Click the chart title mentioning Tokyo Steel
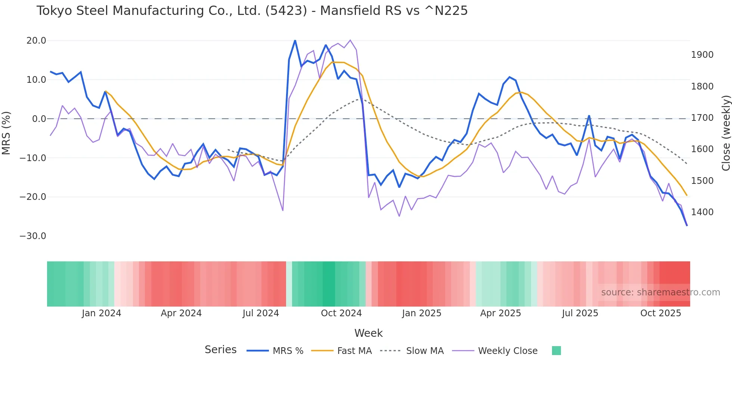coord(252,11)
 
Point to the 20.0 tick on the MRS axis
coord(36,41)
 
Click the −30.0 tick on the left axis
coord(33,236)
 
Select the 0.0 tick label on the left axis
coord(39,119)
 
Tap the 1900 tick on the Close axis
coord(702,55)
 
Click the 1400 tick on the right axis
coord(702,212)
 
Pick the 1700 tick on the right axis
coord(702,118)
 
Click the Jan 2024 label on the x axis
coord(102,313)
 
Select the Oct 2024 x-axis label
coord(341,313)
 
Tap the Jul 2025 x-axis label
coord(580,313)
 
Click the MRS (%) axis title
coord(6,133)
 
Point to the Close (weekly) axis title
coord(726,133)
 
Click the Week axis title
coord(368,333)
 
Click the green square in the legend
coord(556,351)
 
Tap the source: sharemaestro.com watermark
coord(660,292)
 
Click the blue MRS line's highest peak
coord(295,40)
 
